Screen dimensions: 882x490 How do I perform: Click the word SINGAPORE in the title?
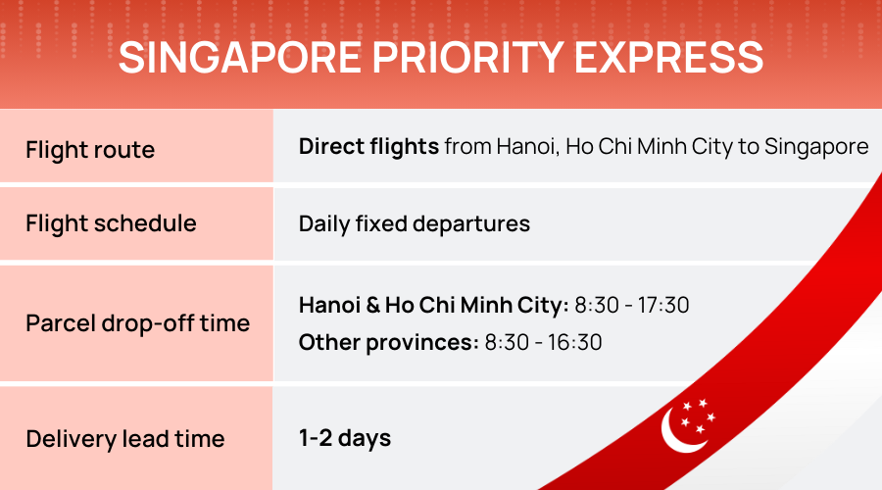pos(240,58)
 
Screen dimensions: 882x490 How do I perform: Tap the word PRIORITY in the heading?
pos(468,58)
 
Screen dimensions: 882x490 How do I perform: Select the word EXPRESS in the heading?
pos(668,58)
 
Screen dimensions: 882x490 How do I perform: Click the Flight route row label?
pos(90,150)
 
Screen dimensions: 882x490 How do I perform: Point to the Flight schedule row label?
pos(111,223)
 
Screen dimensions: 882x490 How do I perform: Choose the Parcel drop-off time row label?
pos(138,323)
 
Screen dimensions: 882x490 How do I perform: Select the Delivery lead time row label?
pos(124,439)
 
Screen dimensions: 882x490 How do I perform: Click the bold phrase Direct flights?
pos(368,147)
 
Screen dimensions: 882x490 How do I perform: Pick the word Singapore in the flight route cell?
pos(816,147)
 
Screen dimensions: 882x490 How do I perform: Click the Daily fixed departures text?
pos(414,223)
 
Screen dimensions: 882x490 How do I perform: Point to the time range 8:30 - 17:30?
pos(632,306)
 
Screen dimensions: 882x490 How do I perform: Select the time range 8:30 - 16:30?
pos(543,343)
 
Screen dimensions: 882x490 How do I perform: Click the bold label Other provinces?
pos(389,343)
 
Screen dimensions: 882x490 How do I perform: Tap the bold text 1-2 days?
pos(345,438)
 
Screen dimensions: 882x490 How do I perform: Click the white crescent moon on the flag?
pos(678,431)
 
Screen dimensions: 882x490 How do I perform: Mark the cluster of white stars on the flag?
pos(698,416)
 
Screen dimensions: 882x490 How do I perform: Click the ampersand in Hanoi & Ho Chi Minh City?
pos(373,306)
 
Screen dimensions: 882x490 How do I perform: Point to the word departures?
pos(471,224)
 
